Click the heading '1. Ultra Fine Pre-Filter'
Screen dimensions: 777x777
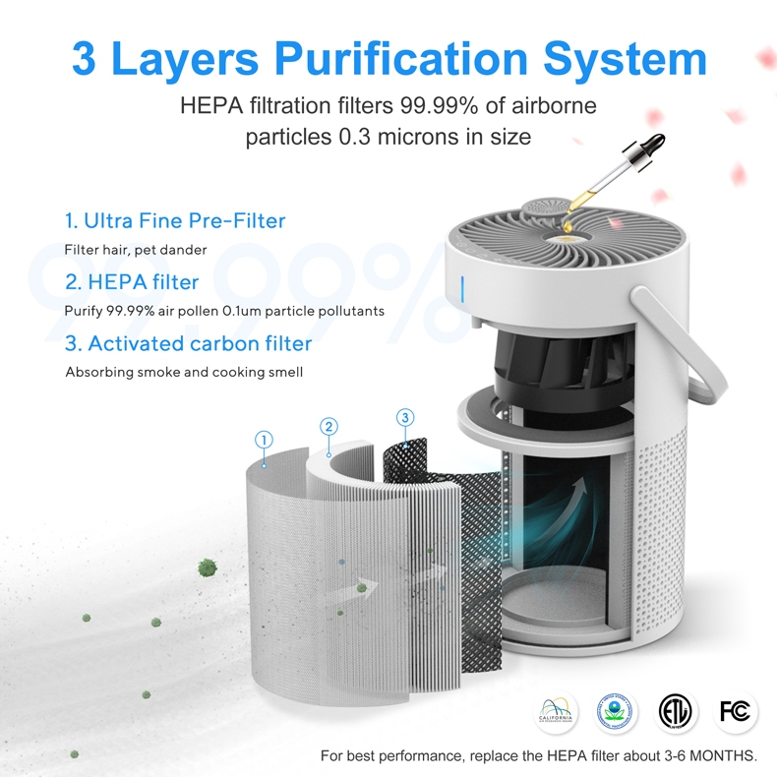174,221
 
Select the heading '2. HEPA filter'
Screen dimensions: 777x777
132,282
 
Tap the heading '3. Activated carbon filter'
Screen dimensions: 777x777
188,343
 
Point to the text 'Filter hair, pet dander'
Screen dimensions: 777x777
136,250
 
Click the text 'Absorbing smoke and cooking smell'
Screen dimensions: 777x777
184,372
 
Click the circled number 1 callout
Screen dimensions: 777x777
264,439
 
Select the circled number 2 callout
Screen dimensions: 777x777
329,426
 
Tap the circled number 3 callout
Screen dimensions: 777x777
405,418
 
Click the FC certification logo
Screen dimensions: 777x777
735,711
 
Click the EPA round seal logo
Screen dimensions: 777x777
617,711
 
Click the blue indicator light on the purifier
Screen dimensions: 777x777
463,290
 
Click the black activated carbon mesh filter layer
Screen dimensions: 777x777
462,551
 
